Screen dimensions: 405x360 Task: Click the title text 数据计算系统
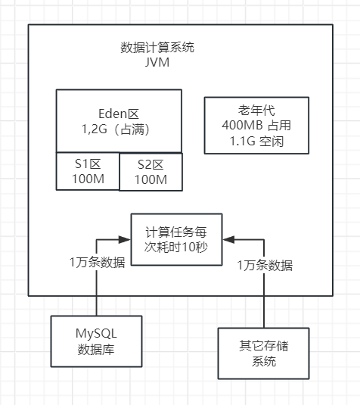click(x=157, y=47)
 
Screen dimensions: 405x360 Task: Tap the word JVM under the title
click(x=157, y=62)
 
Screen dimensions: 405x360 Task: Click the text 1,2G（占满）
click(x=119, y=129)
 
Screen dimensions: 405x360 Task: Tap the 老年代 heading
click(x=256, y=110)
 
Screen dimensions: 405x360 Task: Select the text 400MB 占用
click(x=256, y=126)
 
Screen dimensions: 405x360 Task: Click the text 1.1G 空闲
click(x=256, y=142)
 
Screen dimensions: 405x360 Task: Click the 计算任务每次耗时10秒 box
click(x=177, y=238)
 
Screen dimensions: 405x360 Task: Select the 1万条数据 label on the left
click(x=98, y=263)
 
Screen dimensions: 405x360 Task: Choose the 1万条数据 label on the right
click(x=265, y=265)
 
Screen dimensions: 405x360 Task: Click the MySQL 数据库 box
click(x=97, y=341)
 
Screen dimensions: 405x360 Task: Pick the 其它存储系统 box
click(x=264, y=354)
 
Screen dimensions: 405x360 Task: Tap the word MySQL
click(x=97, y=334)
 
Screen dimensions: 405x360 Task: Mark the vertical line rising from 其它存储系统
click(x=264, y=295)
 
